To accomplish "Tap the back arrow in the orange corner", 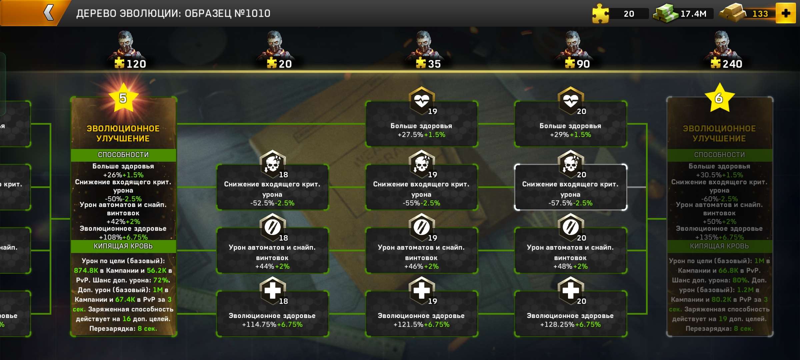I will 49,13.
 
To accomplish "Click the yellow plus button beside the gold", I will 786,13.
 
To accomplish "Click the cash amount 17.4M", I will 693,14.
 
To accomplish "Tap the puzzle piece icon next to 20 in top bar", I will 600,13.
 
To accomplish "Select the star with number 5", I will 123,98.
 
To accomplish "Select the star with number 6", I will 719,98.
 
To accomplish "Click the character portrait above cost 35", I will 424,43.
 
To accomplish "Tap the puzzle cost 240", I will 727,64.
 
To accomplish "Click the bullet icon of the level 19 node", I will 421,227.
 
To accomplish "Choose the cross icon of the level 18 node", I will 272,290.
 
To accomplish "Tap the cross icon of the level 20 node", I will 570,290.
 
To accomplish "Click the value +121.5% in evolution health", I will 408,324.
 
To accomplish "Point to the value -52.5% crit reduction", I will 262,203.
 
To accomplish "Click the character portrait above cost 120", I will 126,43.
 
